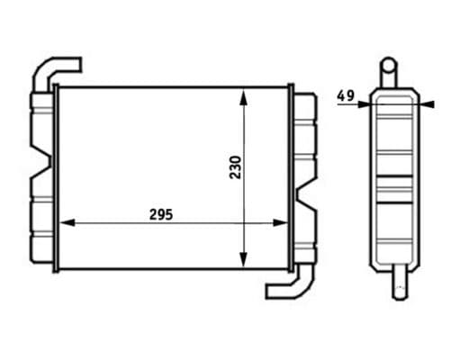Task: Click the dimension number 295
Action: click(x=160, y=214)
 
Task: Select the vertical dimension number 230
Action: click(x=234, y=168)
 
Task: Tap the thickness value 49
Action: click(x=345, y=94)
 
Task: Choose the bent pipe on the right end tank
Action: click(x=291, y=286)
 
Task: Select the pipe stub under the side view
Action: click(x=397, y=283)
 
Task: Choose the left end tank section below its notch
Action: click(x=41, y=229)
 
